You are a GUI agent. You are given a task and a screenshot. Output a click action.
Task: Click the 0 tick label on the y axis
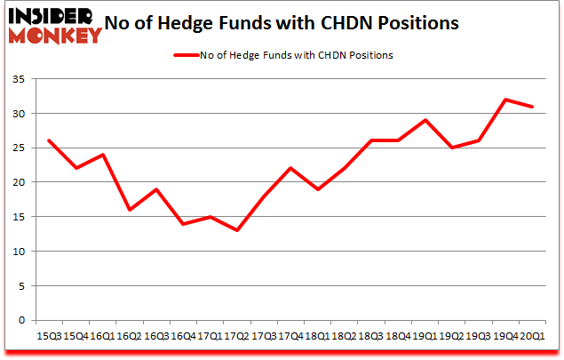[22, 320]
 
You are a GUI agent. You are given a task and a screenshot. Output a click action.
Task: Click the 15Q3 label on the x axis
[48, 336]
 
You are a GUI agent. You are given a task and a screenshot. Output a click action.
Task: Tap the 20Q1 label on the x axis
[531, 336]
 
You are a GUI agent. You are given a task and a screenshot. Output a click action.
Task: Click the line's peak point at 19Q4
[505, 100]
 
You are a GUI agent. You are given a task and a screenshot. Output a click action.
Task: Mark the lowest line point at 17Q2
[235, 230]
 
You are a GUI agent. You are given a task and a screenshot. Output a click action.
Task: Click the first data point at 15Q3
[50, 140]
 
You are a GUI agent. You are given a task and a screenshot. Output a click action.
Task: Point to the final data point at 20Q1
[532, 107]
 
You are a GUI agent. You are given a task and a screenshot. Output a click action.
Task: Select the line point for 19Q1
[425, 120]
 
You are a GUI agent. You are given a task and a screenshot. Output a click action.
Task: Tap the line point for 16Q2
[130, 210]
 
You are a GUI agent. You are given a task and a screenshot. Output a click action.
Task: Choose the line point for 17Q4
[290, 168]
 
